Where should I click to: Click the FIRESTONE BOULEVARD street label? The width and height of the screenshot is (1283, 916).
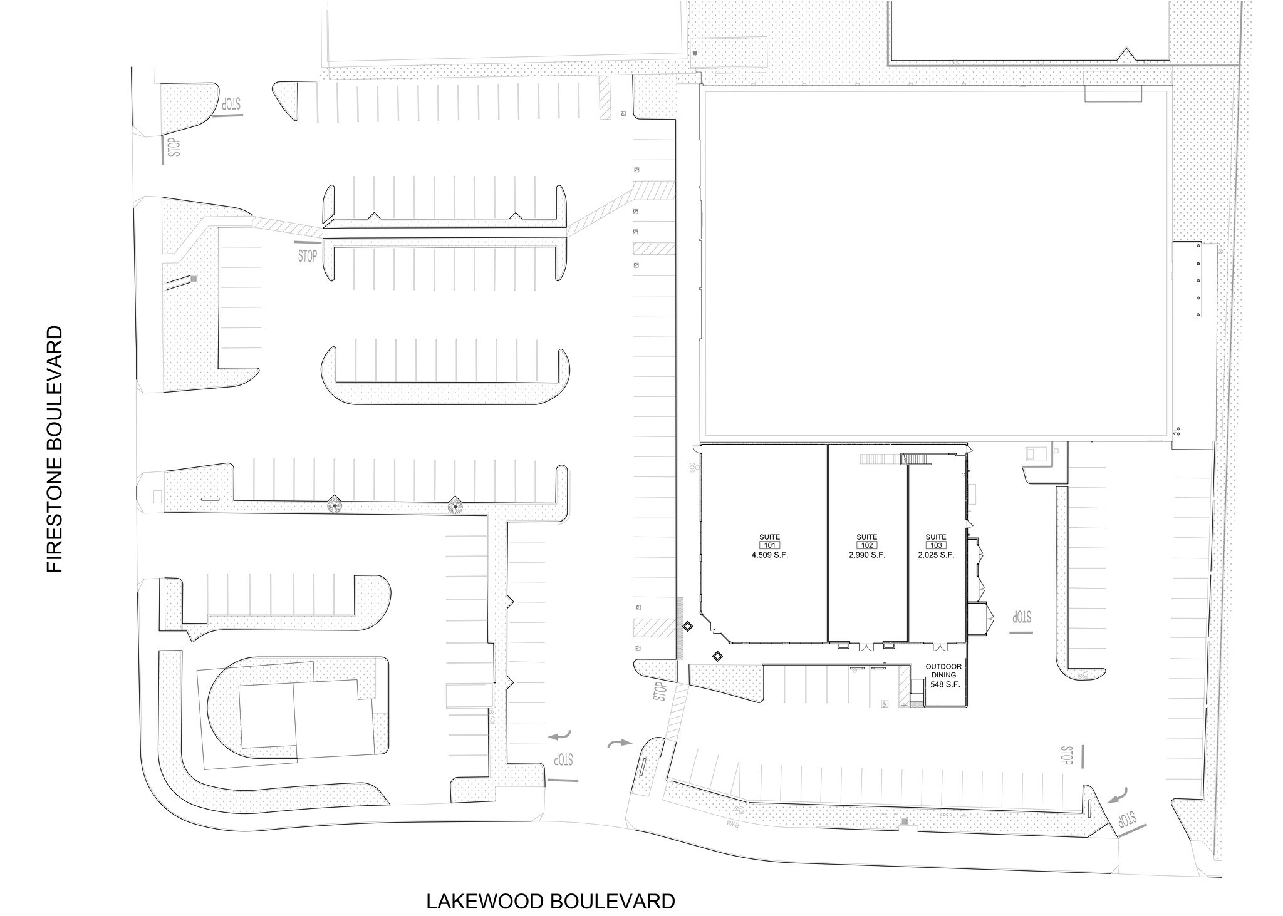(55, 448)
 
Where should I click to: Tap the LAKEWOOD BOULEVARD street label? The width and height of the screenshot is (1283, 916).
(551, 901)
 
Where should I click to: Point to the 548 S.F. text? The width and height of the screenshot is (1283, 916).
(945, 685)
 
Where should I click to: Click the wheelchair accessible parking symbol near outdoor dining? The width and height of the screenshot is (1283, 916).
(885, 703)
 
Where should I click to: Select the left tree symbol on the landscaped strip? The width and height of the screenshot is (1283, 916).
(336, 503)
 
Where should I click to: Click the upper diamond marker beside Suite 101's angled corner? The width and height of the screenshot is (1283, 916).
(687, 625)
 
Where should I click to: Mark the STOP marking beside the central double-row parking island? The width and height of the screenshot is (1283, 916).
(308, 255)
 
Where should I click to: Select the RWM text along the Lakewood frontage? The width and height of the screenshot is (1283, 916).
(735, 825)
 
